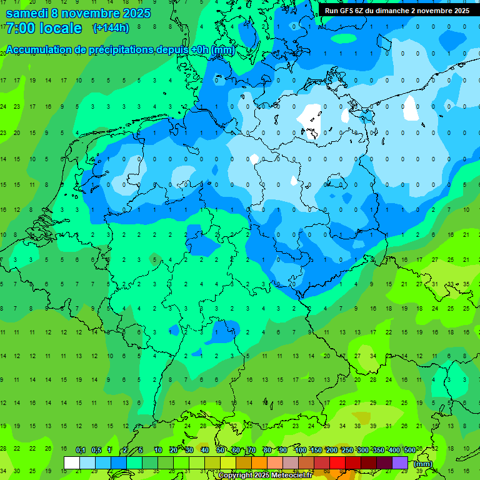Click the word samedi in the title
tap(27, 13)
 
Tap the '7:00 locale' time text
tap(44, 28)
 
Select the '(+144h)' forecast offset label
tap(111, 28)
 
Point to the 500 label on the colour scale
tap(409, 450)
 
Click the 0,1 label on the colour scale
tap(80, 450)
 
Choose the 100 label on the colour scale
tap(300, 450)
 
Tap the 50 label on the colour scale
tap(221, 450)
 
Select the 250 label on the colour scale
tap(347, 450)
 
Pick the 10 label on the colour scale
tap(158, 450)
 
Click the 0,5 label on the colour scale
tap(96, 450)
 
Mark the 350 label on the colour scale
tap(378, 450)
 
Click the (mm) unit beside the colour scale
tap(423, 464)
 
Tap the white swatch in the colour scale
tap(72, 462)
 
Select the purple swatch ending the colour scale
tap(400, 462)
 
